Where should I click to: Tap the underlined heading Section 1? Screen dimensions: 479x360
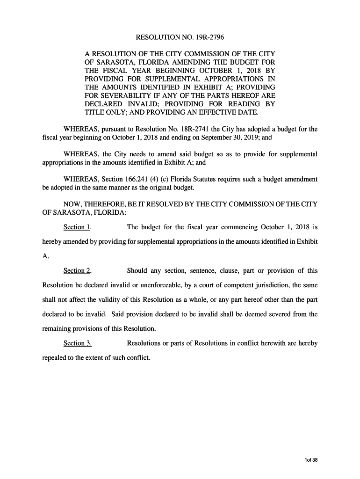pos(77,227)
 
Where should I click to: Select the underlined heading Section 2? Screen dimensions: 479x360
pos(77,271)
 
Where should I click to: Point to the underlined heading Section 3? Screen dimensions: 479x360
pos(77,343)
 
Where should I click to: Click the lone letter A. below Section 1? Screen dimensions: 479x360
pos(45,256)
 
